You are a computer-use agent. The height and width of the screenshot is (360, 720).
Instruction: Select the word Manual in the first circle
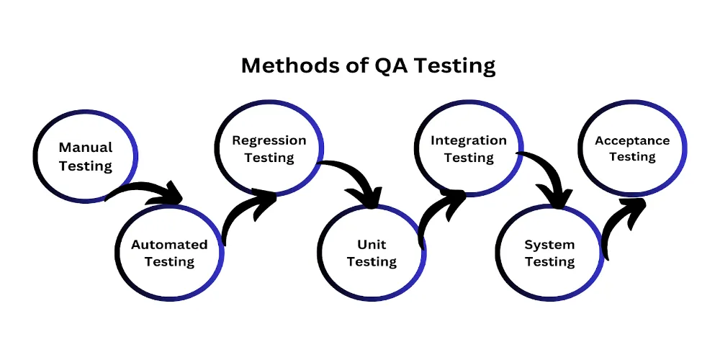[86, 147]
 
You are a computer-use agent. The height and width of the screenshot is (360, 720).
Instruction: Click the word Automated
[169, 245]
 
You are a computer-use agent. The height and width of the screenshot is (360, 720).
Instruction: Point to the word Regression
[269, 140]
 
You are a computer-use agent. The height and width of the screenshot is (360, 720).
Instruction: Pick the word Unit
[372, 245]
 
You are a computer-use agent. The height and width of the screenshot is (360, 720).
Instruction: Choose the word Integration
[469, 140]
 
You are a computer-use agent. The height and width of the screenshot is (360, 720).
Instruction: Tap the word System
[549, 245]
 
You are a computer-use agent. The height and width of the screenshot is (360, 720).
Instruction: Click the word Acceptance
[632, 140]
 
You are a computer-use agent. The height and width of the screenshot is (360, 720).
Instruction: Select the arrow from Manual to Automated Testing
[148, 191]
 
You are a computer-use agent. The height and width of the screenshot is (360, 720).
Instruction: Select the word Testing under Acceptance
[632, 157]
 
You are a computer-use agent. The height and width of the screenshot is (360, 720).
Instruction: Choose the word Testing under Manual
[86, 166]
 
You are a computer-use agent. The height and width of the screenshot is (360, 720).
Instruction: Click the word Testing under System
[549, 262]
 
